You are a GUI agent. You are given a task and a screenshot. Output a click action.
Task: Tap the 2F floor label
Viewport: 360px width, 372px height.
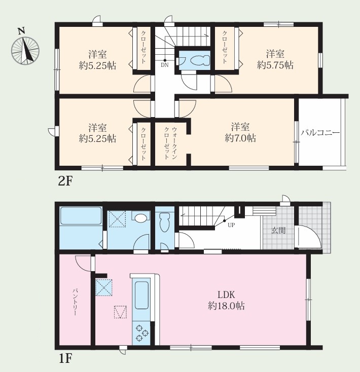pos(64,181)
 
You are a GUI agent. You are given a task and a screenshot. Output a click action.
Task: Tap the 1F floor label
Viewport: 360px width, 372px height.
pos(65,358)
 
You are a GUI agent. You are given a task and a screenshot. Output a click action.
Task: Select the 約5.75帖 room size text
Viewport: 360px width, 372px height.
pos(275,65)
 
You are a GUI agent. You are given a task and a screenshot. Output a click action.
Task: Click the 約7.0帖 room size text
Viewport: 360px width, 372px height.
pos(240,138)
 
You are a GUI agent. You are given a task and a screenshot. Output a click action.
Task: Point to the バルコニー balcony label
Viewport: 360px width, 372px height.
pos(320,133)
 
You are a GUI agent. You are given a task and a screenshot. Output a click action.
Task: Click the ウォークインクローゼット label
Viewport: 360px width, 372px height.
pos(170,143)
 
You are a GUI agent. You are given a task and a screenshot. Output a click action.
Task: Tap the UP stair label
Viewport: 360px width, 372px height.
pos(231,225)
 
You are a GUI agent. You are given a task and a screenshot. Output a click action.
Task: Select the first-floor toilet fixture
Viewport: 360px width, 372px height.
pos(164,222)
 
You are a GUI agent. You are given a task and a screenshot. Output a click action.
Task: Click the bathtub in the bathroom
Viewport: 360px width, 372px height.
pos(81,216)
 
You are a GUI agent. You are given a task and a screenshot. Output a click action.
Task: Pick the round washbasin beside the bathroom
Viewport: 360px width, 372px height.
pos(140,217)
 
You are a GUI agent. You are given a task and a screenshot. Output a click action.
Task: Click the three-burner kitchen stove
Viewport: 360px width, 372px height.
pos(141,332)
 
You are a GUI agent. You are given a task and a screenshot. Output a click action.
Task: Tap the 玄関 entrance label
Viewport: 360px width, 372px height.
pos(278,230)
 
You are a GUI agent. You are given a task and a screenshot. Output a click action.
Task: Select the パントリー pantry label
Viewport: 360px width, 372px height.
pos(75,302)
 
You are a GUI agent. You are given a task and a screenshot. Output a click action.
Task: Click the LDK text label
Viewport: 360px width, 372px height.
pos(226,294)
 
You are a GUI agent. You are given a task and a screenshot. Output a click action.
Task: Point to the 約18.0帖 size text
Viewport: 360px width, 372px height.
pos(226,306)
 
